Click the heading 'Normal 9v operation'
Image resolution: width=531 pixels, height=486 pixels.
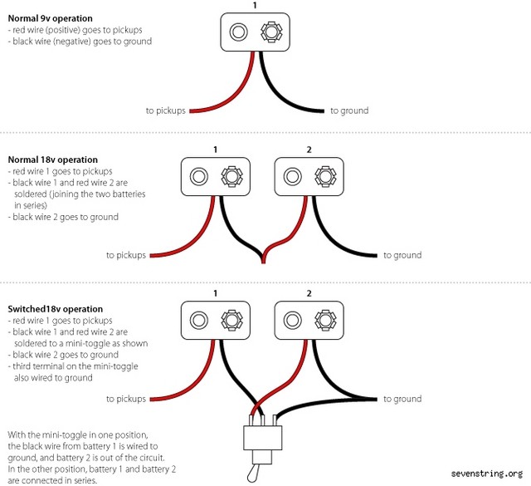tap(50, 18)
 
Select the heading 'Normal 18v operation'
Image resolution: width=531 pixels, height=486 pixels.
tap(52, 160)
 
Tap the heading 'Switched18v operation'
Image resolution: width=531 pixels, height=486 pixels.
tap(56, 308)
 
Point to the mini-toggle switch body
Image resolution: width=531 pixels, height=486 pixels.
tap(262, 441)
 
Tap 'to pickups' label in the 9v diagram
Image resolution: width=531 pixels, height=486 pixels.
tap(165, 110)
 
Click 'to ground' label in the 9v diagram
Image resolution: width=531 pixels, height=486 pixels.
tap(349, 110)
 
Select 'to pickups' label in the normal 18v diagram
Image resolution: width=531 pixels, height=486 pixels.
tap(126, 255)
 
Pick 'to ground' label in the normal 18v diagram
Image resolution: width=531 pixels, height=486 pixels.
tap(402, 255)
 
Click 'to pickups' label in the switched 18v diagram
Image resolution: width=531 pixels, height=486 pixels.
tap(126, 399)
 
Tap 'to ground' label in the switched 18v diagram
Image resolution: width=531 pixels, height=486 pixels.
tap(402, 399)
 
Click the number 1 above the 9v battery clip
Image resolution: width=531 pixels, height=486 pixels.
tap(254, 5)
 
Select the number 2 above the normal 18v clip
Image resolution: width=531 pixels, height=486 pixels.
tap(309, 150)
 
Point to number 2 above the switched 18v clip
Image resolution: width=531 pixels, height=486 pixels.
tap(309, 293)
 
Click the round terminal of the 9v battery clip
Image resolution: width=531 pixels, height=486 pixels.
tap(238, 32)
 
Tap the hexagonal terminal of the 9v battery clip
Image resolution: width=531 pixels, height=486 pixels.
tap(270, 32)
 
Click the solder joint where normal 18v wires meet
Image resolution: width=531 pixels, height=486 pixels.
tap(262, 259)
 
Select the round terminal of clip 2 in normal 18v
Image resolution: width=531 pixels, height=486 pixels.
tap(292, 177)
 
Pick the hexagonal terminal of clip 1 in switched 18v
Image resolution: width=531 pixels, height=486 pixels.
tap(230, 321)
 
